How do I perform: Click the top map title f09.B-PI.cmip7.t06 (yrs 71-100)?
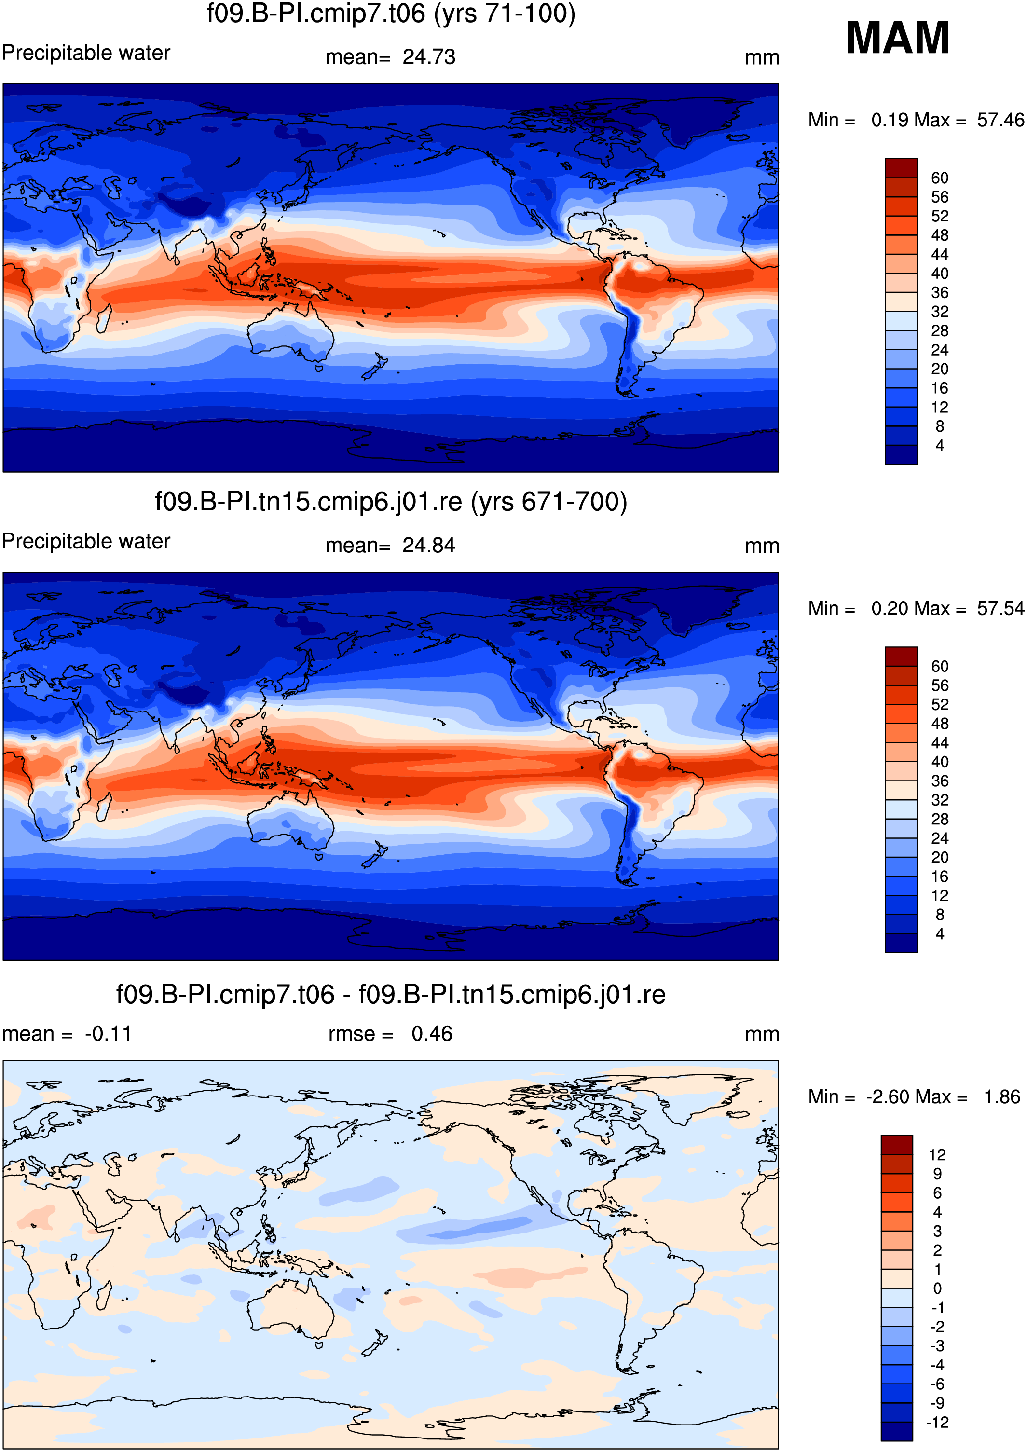click(391, 14)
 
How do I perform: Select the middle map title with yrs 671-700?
click(391, 502)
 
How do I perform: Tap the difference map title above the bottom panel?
click(391, 995)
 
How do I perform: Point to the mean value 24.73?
click(429, 57)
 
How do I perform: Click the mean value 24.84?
click(429, 545)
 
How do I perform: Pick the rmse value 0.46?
click(432, 1033)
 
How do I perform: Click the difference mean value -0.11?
click(108, 1033)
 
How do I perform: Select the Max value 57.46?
click(1000, 120)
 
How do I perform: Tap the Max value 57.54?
click(1000, 608)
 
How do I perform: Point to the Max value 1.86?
click(1002, 1096)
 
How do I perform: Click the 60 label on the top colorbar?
click(940, 178)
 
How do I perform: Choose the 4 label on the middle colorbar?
click(940, 933)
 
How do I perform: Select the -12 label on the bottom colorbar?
click(937, 1422)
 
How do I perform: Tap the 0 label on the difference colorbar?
click(937, 1288)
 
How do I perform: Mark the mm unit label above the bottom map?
click(762, 1035)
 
